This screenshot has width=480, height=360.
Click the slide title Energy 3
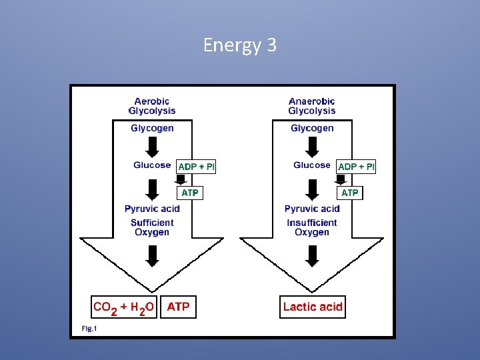pos(239,45)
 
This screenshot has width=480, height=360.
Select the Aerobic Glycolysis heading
pos(152,106)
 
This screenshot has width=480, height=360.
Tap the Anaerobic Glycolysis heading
pos(312,106)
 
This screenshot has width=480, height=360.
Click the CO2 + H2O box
pos(124,307)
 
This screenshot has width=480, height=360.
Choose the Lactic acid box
pos(313,307)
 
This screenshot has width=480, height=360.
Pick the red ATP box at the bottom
pos(178,307)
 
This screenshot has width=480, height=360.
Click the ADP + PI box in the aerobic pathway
pos(196,167)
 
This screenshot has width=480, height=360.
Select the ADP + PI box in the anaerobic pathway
pos(356,167)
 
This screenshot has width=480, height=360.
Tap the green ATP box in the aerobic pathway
pos(190,193)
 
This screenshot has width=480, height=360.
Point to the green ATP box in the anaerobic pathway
pos(350,193)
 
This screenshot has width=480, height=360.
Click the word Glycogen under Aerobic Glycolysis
pos(152,128)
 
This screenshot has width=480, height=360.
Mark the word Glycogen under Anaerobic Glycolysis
pos(312,128)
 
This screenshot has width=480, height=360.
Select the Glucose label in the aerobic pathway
pos(152,165)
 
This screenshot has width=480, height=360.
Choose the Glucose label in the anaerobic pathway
pos(312,165)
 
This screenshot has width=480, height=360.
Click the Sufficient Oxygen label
pos(152,227)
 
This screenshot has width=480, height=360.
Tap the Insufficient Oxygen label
pos(312,227)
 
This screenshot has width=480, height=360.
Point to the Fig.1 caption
pos(89,328)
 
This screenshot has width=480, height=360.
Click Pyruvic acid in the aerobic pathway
pos(152,209)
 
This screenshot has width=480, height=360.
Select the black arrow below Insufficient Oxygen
pos(312,255)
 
